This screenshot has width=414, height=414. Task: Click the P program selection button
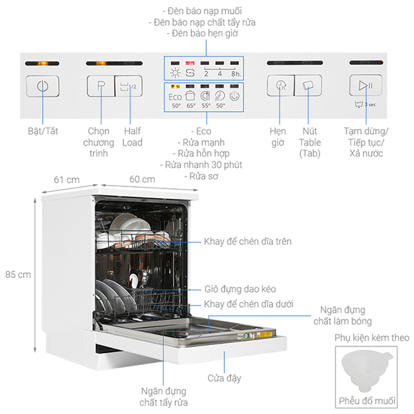click(101, 86)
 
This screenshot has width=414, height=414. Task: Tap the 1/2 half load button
click(128, 86)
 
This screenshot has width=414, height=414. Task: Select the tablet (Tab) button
click(308, 86)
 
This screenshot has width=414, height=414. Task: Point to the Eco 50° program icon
click(175, 100)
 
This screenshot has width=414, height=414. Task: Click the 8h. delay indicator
click(235, 72)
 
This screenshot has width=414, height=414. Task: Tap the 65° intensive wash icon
click(190, 100)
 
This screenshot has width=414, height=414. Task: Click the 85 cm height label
click(17, 274)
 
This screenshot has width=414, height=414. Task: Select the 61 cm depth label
click(66, 179)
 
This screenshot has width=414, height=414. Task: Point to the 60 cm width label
click(144, 179)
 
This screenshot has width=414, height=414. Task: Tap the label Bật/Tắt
click(42, 131)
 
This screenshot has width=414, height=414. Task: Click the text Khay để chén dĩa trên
click(248, 241)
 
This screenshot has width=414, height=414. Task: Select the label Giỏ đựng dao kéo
click(239, 290)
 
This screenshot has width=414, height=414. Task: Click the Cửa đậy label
click(224, 378)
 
